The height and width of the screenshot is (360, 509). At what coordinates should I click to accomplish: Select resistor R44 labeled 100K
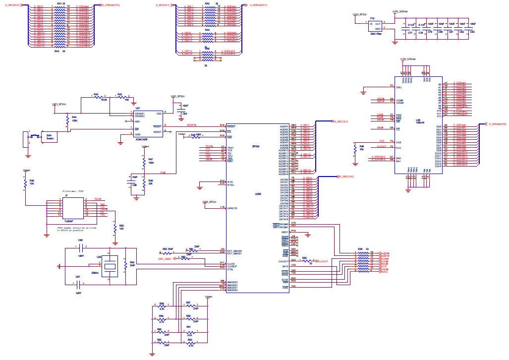coord(67,120)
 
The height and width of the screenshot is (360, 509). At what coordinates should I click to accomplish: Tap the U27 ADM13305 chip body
coord(144,124)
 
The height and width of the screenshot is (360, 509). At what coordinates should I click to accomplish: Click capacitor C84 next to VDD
coord(181,110)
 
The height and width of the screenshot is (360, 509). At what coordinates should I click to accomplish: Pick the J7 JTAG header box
coord(66,208)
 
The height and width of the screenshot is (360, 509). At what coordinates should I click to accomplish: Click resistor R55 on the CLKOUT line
coord(305,261)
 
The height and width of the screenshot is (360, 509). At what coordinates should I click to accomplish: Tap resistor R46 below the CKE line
coord(354,148)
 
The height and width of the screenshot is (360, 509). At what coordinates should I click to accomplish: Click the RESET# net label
coord(191,125)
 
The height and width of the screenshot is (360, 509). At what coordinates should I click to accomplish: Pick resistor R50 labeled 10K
coord(115,228)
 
